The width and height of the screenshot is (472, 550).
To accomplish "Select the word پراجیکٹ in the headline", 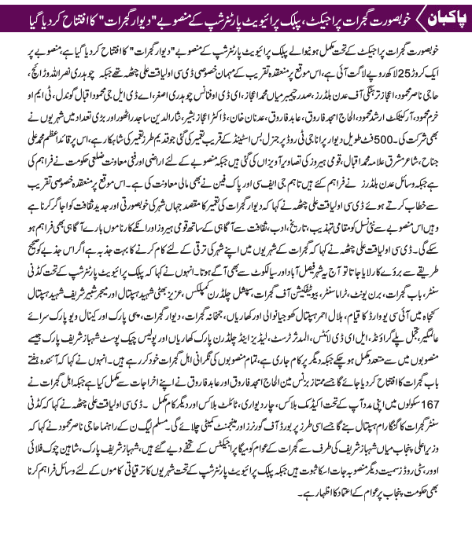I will click(314, 16).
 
